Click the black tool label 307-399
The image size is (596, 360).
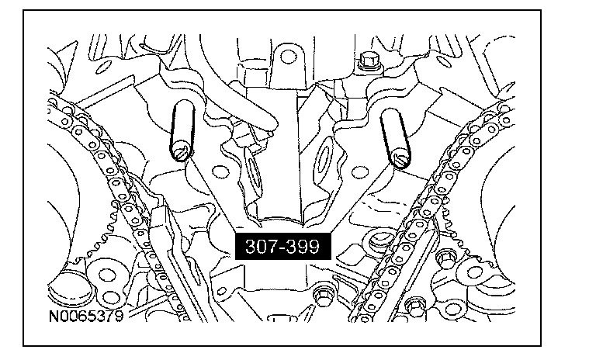point(282,246)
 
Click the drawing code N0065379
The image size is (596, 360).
point(86,316)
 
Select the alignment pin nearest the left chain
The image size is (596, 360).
point(182,130)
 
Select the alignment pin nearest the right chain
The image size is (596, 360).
point(396,137)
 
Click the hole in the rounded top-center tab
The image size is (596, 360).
point(288,57)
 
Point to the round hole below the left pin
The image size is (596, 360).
point(220,171)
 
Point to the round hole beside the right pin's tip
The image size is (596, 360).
point(360,172)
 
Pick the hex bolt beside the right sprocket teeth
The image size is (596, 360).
point(445,258)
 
